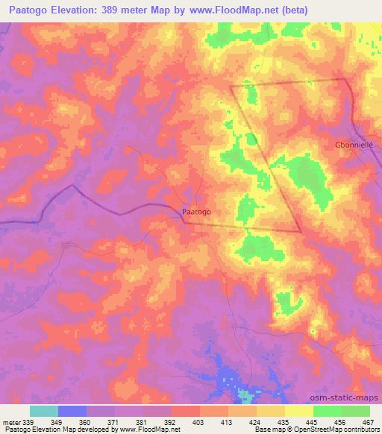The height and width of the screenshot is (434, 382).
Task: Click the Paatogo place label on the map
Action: [196, 212]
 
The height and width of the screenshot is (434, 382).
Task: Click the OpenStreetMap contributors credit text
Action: [339, 430]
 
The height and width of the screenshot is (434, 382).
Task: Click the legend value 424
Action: [256, 422]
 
